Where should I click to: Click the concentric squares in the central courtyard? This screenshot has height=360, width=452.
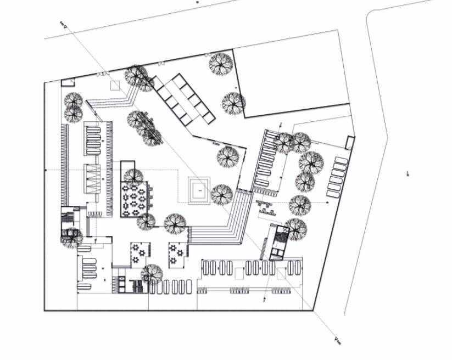[x=199, y=190]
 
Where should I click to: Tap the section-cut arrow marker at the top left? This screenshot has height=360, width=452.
[x=63, y=24]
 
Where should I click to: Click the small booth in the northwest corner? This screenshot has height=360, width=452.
[x=67, y=82]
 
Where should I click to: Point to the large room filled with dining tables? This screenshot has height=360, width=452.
[x=135, y=198]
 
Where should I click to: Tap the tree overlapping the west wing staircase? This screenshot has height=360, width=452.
[x=71, y=238]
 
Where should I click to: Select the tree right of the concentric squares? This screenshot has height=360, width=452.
[x=222, y=194]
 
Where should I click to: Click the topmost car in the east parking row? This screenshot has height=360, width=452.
[x=341, y=161]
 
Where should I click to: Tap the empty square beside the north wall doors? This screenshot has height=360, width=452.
[x=115, y=85]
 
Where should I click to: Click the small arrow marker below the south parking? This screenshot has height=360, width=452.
[x=264, y=300]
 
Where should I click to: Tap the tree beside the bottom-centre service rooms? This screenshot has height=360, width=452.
[x=152, y=273]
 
